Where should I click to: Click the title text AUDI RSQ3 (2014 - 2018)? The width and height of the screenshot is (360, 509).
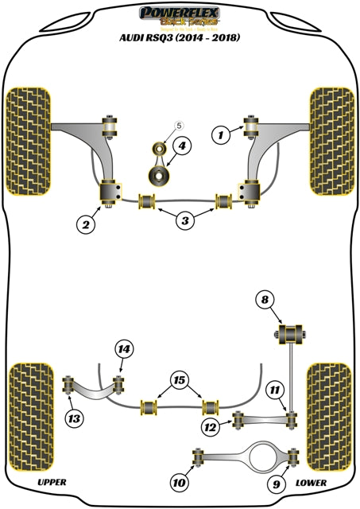pyautogui.click(x=180, y=37)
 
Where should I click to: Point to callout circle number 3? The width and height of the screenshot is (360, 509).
pyautogui.click(x=185, y=220)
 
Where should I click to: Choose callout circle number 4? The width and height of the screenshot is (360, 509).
pyautogui.click(x=182, y=146)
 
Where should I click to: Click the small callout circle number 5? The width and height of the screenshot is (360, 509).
pyautogui.click(x=179, y=126)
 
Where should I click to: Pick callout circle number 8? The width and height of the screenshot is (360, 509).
pyautogui.click(x=265, y=300)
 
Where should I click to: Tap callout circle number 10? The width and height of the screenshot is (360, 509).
pyautogui.click(x=178, y=481)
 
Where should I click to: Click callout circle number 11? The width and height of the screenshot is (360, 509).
pyautogui.click(x=273, y=389)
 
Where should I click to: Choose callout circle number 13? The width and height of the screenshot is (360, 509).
pyautogui.click(x=74, y=418)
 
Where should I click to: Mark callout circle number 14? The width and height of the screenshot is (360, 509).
pyautogui.click(x=122, y=348)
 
